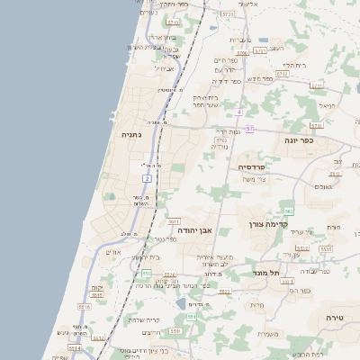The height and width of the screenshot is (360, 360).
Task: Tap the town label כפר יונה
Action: [x=300, y=140]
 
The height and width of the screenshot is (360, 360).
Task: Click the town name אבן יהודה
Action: [x=192, y=230]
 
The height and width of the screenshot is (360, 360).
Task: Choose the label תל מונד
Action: [x=267, y=272]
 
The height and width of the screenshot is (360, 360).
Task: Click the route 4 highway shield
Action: [x=239, y=112]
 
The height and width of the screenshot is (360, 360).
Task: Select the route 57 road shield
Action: [x=249, y=130]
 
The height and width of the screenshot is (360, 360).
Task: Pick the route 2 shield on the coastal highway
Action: [x=146, y=179]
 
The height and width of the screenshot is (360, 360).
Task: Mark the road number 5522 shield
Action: [x=225, y=292]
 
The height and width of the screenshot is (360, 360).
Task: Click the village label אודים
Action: [x=113, y=252]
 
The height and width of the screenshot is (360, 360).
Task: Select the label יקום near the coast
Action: [x=97, y=287]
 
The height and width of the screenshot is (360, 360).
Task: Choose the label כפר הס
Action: [x=300, y=290]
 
